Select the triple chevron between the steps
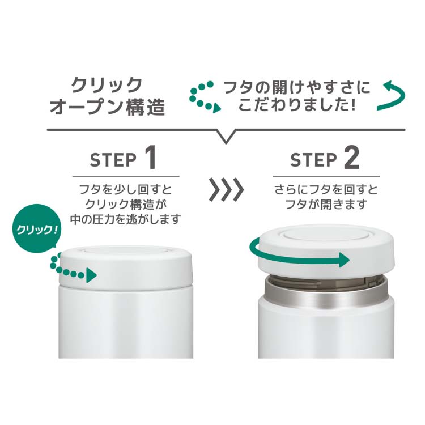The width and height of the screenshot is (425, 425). coord(226,190)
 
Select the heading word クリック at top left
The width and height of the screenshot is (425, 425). coord(106,86)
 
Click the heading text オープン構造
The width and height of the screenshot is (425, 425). coord(108,107)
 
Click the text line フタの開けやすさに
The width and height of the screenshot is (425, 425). coord(297,87)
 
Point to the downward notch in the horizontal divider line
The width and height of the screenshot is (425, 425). coord(226,138)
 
